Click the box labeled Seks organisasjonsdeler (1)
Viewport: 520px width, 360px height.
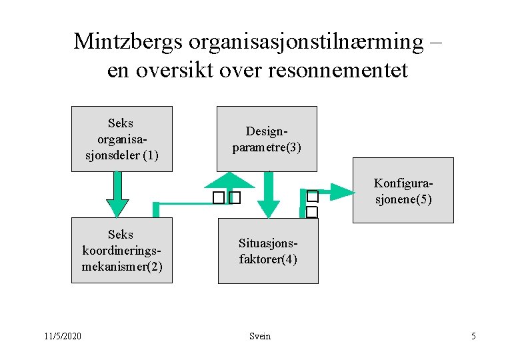point(121,139)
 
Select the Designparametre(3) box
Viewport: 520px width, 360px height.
point(267,139)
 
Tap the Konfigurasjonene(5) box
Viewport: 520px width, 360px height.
point(403,190)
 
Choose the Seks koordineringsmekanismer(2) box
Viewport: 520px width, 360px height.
point(121,250)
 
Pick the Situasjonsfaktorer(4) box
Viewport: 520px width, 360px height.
point(267,251)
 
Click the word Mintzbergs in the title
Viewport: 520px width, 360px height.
point(128,41)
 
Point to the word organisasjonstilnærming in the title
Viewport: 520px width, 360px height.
point(306,41)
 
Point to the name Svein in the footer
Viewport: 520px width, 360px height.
point(260,336)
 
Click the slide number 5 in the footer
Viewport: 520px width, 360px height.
point(473,336)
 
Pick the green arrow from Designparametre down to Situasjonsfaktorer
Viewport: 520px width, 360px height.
point(268,196)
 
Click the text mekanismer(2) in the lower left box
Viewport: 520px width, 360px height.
point(121,267)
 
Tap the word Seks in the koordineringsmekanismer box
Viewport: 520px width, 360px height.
point(121,235)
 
